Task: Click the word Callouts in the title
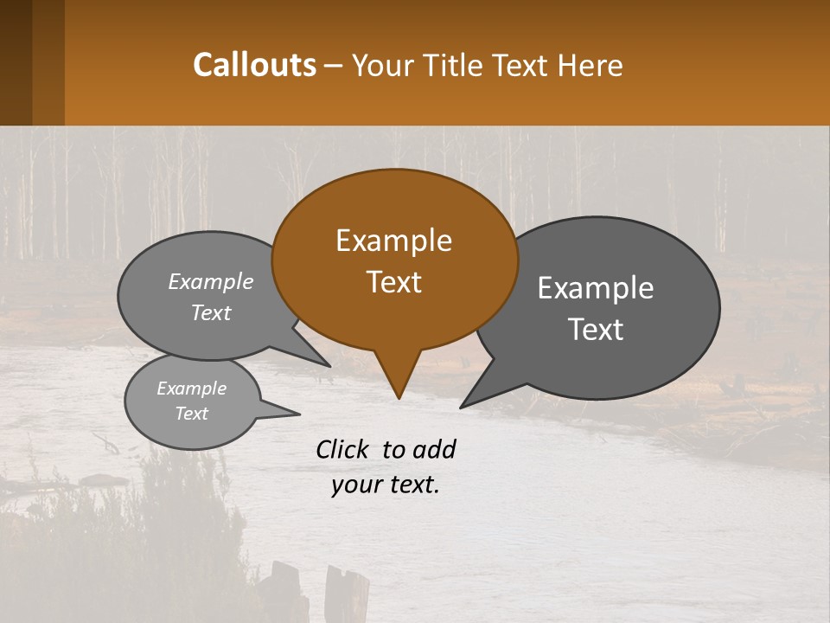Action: pos(254,65)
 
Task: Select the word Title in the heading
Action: pos(456,66)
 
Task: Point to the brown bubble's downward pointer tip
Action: pos(399,397)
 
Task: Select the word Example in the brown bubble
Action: pos(393,241)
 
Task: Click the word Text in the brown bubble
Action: pos(394,282)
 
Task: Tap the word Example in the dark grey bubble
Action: pos(596,288)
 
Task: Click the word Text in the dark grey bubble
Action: pos(596,330)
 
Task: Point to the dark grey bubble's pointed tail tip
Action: pos(462,407)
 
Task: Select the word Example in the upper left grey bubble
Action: pos(211,282)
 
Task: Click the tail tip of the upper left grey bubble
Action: pos(329,366)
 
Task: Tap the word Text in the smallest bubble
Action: pos(192,414)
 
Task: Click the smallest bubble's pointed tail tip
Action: pos(299,414)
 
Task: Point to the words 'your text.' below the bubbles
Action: pos(386,485)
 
